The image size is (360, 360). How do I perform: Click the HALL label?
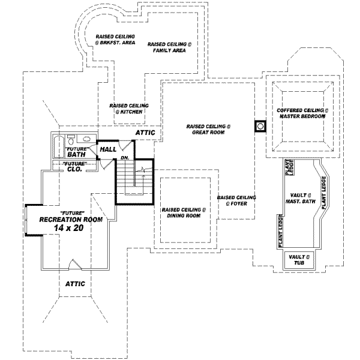pyautogui.click(x=108, y=149)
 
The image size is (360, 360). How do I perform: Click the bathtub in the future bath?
pyautogui.click(x=58, y=146)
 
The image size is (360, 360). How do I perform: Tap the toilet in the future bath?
pyautogui.click(x=70, y=139)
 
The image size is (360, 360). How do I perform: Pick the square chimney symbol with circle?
pyautogui.click(x=260, y=127)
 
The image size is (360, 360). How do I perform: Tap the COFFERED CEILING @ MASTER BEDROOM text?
pyautogui.click(x=302, y=113)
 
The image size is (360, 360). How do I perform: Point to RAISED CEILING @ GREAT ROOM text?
pyautogui.click(x=208, y=130)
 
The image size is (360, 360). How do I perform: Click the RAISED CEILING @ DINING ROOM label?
pyautogui.click(x=184, y=213)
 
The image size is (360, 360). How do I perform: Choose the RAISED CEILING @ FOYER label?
pyautogui.click(x=236, y=200)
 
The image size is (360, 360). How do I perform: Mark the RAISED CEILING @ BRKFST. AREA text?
pyautogui.click(x=115, y=40)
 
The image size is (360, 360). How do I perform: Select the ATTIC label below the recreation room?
pyautogui.click(x=75, y=283)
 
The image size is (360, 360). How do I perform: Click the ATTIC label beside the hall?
pyautogui.click(x=145, y=132)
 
